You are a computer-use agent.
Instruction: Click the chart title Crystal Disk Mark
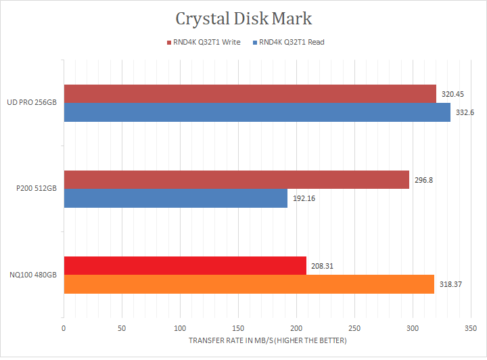pyautogui.click(x=243, y=18)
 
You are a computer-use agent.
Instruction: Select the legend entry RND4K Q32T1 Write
pyautogui.click(x=205, y=42)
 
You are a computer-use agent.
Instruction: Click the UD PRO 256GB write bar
pyautogui.click(x=250, y=94)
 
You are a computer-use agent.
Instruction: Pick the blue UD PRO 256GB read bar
pyautogui.click(x=257, y=112)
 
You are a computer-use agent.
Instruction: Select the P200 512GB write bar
pyautogui.click(x=236, y=179)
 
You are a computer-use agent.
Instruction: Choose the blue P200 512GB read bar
pyautogui.click(x=175, y=198)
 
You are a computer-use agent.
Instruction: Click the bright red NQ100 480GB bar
pyautogui.click(x=185, y=266)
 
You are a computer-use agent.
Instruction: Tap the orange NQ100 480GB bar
pyautogui.click(x=248, y=284)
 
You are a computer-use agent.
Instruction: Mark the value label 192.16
pyautogui.click(x=303, y=199)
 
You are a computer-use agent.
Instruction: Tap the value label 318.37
pyautogui.click(x=450, y=285)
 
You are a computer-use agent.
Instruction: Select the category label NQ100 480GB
pyautogui.click(x=32, y=275)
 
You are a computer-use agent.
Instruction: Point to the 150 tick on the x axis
pyautogui.click(x=238, y=328)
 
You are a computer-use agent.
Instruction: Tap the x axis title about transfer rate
pyautogui.click(x=268, y=340)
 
